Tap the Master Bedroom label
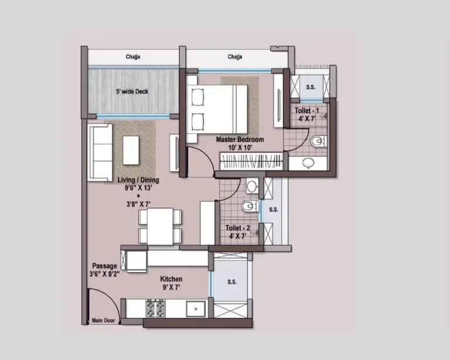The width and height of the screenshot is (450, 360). coord(240,140)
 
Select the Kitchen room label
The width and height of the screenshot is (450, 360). coord(172,279)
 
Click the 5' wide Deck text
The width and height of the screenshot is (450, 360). coord(132,91)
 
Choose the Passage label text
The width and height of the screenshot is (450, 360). coord(104,266)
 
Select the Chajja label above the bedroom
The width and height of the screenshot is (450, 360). coord(235,57)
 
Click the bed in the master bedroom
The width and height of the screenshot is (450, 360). coord(218,109)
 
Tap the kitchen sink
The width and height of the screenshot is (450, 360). coord(195,307)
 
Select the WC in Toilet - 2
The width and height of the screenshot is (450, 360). coord(248,206)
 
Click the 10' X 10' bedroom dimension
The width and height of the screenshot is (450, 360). coord(240,148)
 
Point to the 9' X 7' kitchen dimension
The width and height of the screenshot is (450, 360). coord(172,287)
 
